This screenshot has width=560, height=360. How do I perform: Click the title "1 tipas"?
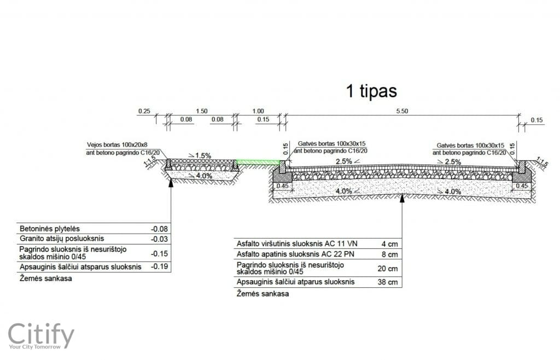[371, 91]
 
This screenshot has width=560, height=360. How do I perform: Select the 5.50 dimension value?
[401, 111]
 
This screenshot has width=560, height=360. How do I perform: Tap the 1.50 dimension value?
[201, 111]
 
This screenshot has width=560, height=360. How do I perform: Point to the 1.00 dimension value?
[258, 111]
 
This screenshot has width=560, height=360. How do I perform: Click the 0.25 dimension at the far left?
[144, 111]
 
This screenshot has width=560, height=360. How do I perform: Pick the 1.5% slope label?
[203, 156]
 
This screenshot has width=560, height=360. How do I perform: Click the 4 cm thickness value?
[392, 243]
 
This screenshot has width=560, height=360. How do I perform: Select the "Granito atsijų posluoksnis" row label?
[62, 239]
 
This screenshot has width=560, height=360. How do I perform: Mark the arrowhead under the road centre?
[402, 198]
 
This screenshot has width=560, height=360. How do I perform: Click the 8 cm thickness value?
[392, 254]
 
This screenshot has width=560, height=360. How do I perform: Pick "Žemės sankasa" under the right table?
[262, 294]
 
